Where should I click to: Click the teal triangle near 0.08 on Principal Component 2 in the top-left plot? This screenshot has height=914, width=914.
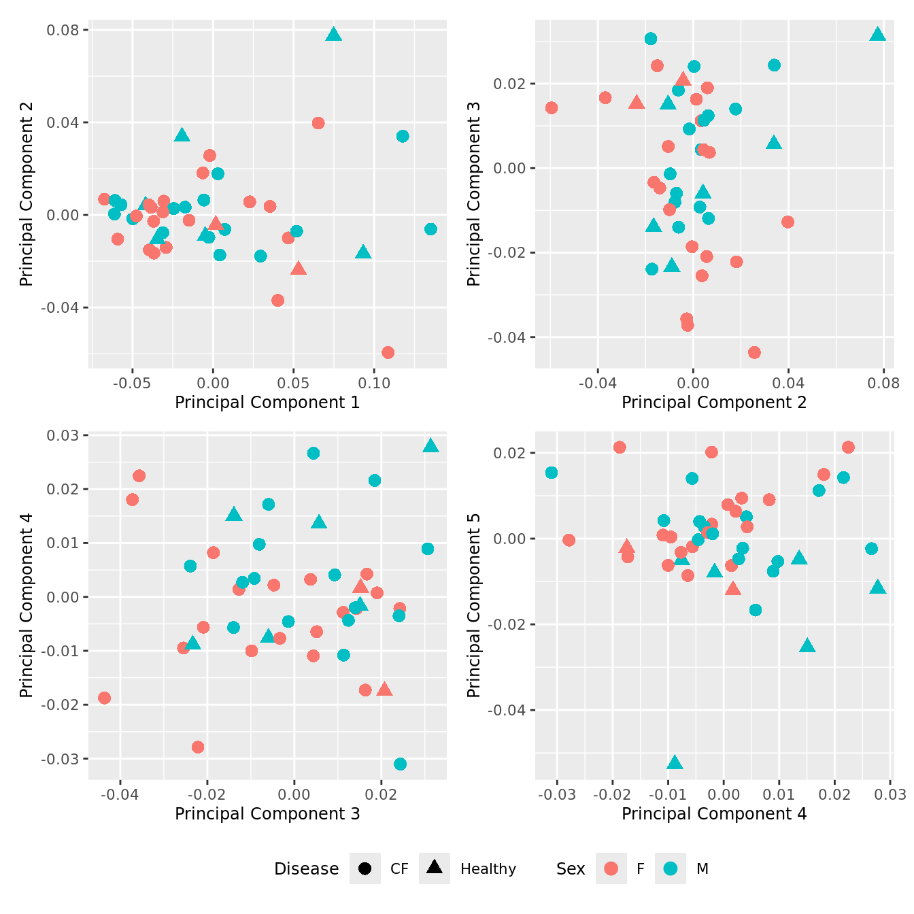tap(333, 35)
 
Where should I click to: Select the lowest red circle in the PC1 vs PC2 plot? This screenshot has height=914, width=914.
tap(388, 352)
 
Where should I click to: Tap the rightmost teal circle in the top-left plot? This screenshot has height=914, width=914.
tap(430, 229)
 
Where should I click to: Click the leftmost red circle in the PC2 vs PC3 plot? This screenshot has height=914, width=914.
tap(552, 108)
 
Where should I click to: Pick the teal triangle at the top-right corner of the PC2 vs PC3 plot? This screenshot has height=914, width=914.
tap(878, 35)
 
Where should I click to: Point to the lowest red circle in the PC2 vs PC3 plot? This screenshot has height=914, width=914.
tap(754, 352)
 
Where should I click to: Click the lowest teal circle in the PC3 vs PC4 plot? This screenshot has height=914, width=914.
tap(400, 764)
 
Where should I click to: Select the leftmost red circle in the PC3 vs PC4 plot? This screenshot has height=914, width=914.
tap(104, 698)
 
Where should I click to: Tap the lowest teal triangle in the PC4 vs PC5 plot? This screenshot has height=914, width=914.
tap(675, 763)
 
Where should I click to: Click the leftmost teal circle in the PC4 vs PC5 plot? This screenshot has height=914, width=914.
tap(552, 473)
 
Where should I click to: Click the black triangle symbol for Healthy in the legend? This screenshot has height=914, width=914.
tap(435, 867)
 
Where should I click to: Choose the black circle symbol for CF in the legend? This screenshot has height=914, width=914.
tap(365, 868)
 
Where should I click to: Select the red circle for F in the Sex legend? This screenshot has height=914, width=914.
tap(611, 868)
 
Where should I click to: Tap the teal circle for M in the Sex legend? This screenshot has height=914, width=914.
tap(671, 868)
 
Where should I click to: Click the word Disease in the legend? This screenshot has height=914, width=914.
tap(306, 869)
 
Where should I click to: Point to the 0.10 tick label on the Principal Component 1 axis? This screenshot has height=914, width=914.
tap(374, 382)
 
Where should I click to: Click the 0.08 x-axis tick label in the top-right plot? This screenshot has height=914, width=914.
tap(883, 382)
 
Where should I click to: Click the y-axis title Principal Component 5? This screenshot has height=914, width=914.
tap(474, 605)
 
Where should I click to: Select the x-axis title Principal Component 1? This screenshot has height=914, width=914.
tap(267, 403)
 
